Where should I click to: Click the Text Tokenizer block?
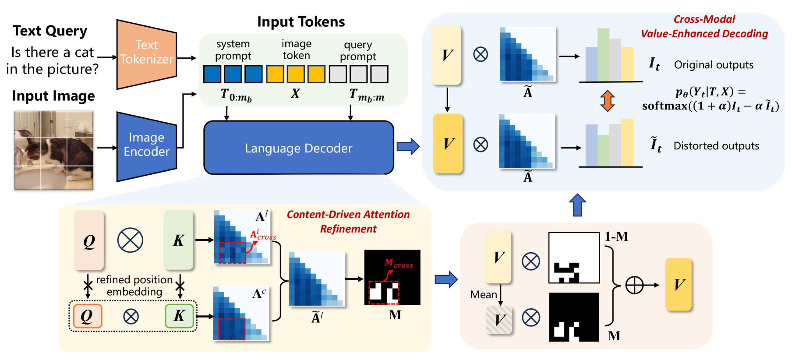pyautogui.click(x=146, y=54)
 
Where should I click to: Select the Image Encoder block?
pyautogui.click(x=146, y=146)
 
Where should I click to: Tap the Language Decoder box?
pyautogui.click(x=298, y=148)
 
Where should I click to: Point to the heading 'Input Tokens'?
pyautogui.click(x=301, y=22)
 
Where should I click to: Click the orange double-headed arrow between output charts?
pyautogui.click(x=607, y=100)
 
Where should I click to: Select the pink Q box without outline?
pyautogui.click(x=89, y=240)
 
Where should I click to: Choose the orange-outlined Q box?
pyautogui.click(x=88, y=316)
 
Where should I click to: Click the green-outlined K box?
pyautogui.click(x=179, y=316)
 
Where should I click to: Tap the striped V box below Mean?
pyautogui.click(x=499, y=320)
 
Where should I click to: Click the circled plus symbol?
pyautogui.click(x=634, y=285)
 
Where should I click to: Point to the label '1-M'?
pyautogui.click(x=616, y=237)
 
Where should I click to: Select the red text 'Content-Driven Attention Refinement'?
pyautogui.click(x=348, y=222)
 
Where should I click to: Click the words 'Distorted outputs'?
pyautogui.click(x=716, y=146)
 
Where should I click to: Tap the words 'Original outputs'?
pyautogui.click(x=714, y=65)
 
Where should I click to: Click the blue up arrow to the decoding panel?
pyautogui.click(x=577, y=205)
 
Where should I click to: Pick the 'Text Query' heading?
pyautogui.click(x=50, y=31)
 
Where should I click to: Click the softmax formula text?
pyautogui.click(x=710, y=99)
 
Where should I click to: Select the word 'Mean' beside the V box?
pyautogui.click(x=483, y=295)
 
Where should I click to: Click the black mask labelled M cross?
pyautogui.click(x=392, y=277)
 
